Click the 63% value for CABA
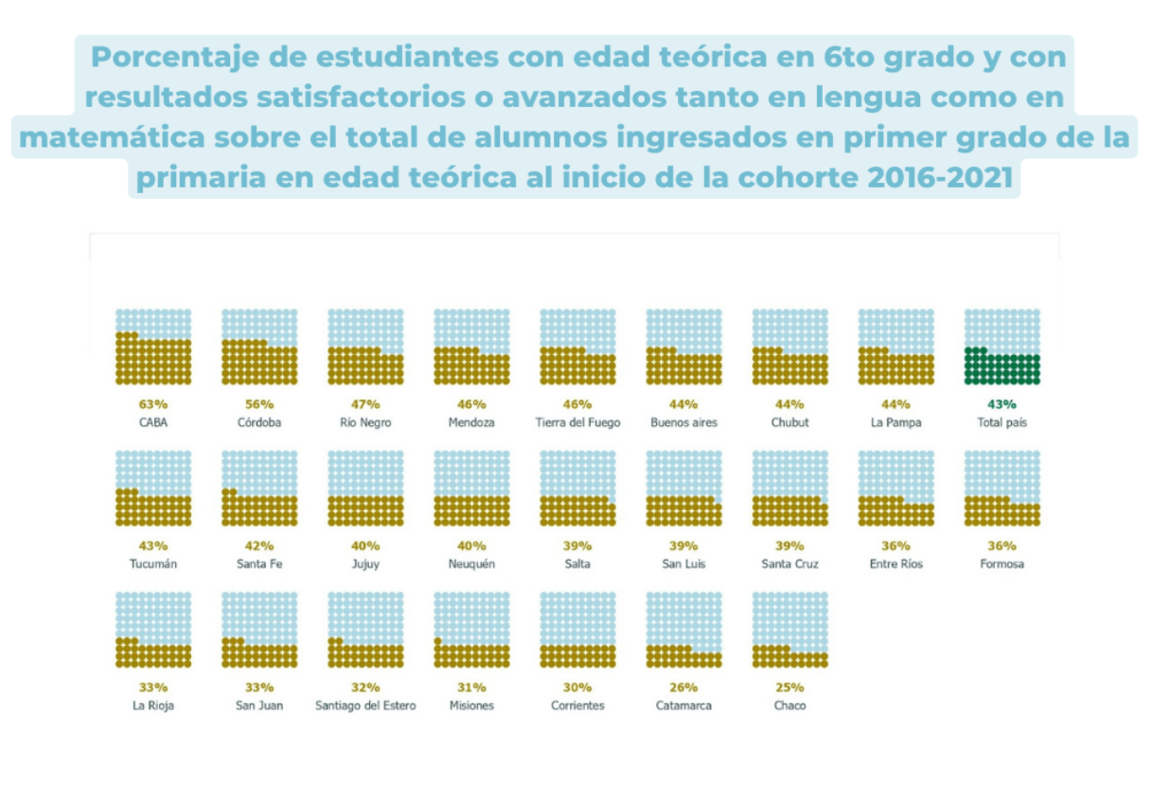coord(153,404)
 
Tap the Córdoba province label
coord(259,423)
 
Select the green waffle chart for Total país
coord(1002,347)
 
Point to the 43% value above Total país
coord(1002,404)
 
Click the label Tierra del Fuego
coord(577,423)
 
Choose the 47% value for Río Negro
coord(365,404)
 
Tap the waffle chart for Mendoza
coord(471,347)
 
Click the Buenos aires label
coord(683,423)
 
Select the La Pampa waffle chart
coord(895,347)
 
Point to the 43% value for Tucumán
coord(153,546)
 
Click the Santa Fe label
coord(259,564)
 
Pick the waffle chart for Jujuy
coord(365,489)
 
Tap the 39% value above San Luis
coord(683,546)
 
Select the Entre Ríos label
coord(895,564)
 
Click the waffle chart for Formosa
coord(1002,489)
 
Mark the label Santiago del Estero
coord(365,705)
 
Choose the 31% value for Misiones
coord(471,687)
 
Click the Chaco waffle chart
coord(789,630)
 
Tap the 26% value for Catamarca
coord(683,687)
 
